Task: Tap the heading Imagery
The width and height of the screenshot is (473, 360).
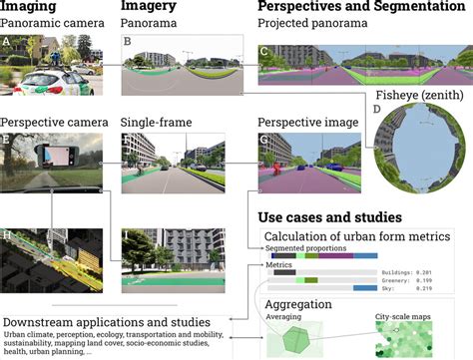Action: (x=151, y=8)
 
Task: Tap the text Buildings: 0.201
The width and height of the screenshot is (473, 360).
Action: (x=410, y=270)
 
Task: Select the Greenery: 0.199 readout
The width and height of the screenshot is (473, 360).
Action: (x=410, y=279)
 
